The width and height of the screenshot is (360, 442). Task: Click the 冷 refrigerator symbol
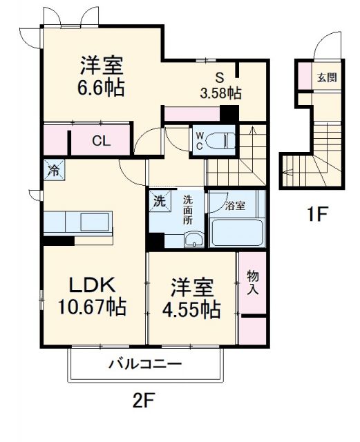[53, 169]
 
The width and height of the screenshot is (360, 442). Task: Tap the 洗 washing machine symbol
[159, 203]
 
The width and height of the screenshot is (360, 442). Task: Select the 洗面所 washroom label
[187, 210]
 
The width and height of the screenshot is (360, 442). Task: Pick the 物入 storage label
[253, 282]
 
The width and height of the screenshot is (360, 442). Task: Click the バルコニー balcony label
[144, 365]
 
